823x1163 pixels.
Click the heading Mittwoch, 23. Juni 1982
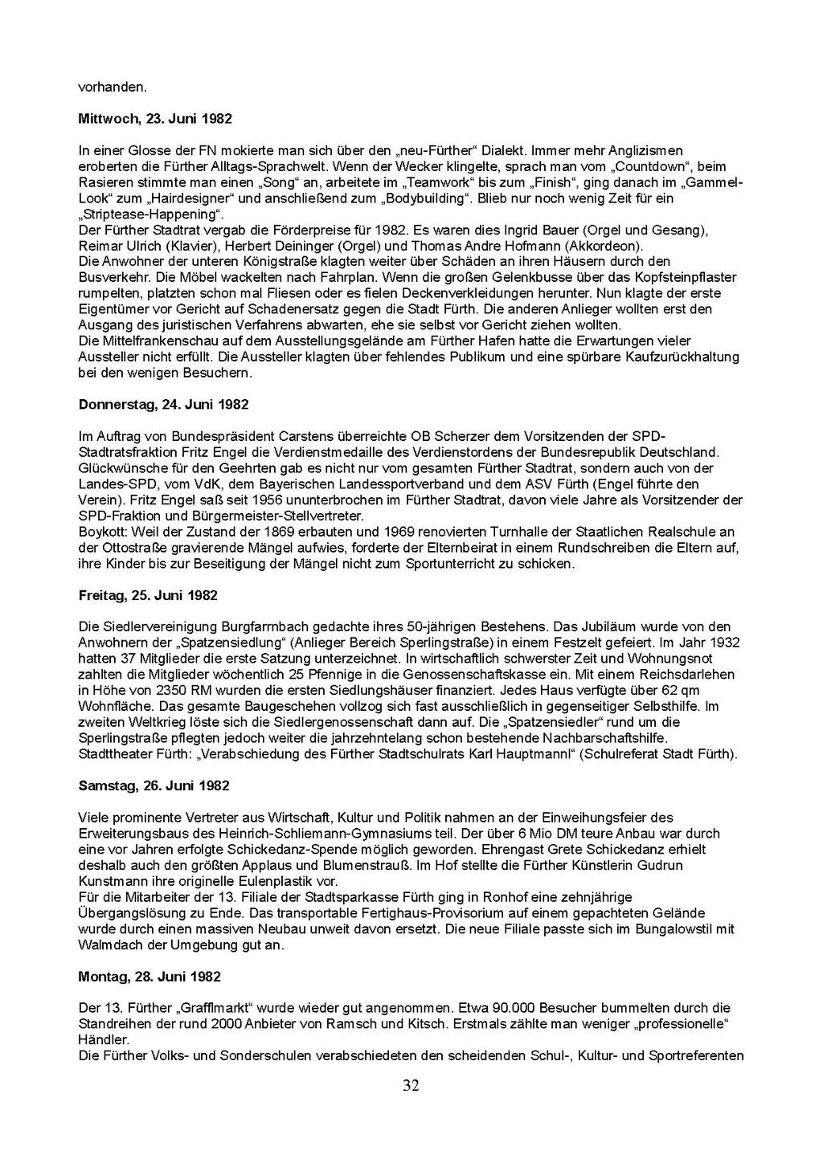pyautogui.click(x=155, y=119)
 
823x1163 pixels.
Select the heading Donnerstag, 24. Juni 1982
pyautogui.click(x=164, y=405)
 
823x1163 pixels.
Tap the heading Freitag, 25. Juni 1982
pyautogui.click(x=148, y=595)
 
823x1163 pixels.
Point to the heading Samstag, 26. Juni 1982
pyautogui.click(x=154, y=786)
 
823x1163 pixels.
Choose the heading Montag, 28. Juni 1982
pyautogui.click(x=149, y=977)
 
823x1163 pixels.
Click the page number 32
pyautogui.click(x=411, y=1086)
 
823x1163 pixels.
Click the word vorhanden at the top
pyautogui.click(x=112, y=87)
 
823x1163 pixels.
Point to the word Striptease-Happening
pyautogui.click(x=150, y=214)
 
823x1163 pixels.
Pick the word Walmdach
pyautogui.click(x=107, y=945)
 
